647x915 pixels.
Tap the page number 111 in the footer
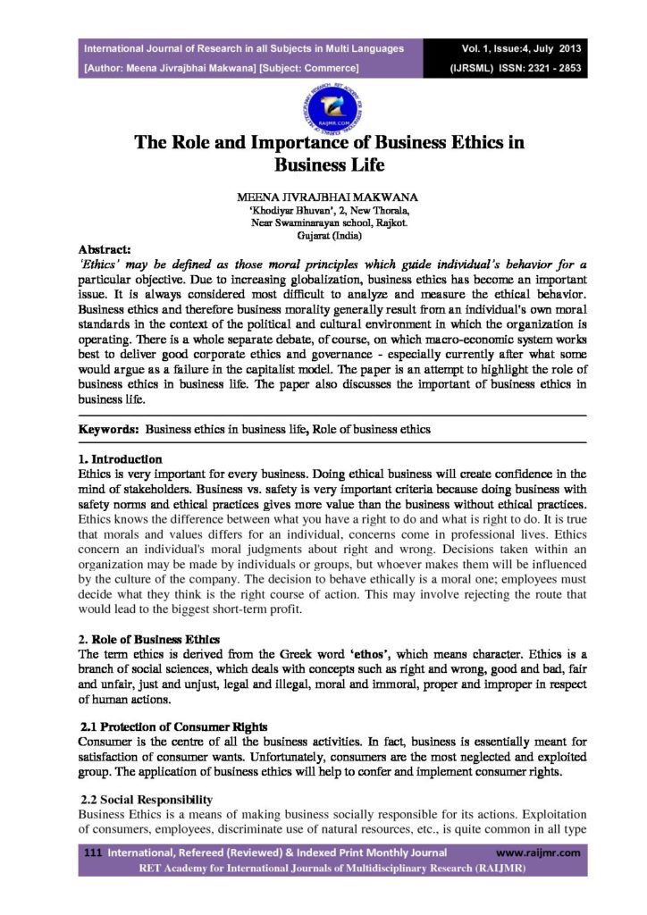(89, 853)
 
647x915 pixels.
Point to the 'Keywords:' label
(109, 429)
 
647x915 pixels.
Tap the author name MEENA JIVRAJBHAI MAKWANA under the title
(323, 195)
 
